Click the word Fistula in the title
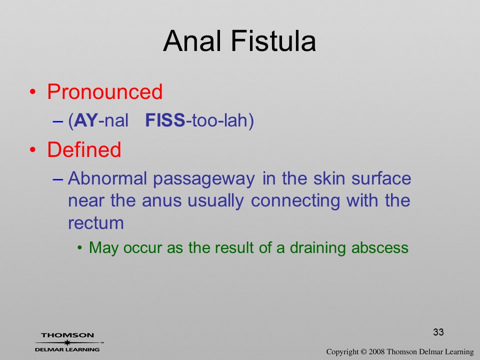click(273, 41)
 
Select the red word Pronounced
click(104, 91)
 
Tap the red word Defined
click(84, 149)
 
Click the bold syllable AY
click(86, 120)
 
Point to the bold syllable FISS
click(165, 120)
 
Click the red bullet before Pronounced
click(33, 92)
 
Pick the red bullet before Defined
click(33, 149)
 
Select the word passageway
click(204, 179)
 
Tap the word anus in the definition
click(161, 201)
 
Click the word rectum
click(96, 223)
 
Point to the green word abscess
click(380, 247)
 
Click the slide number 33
click(438, 332)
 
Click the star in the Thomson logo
click(67, 342)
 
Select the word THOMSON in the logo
click(67, 335)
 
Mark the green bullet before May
click(80, 247)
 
